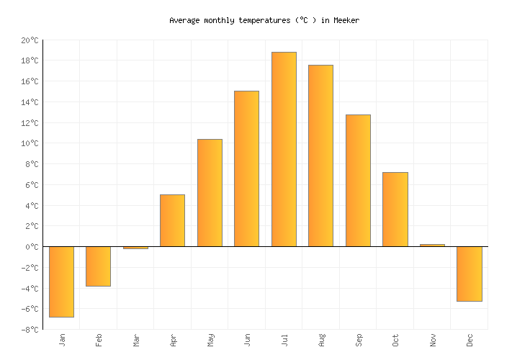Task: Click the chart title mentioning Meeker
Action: coord(264,20)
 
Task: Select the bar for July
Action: coord(284,149)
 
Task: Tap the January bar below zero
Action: coord(61,282)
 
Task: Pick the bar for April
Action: coord(172,220)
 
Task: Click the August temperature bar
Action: coord(320,156)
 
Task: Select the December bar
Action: coord(469,274)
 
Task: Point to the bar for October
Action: coord(395,209)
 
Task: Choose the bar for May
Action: coord(210,192)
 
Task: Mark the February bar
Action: coord(98,266)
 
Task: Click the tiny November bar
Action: coord(432,246)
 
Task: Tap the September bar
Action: coord(358,180)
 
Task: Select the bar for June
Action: coord(246,168)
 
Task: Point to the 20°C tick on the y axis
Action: coord(30,40)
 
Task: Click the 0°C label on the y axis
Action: coord(32,247)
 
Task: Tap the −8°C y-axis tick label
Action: coord(30,330)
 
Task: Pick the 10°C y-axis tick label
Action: coord(30,143)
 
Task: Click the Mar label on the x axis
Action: coord(136,340)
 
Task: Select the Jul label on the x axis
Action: coord(284,339)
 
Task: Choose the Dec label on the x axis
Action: coord(470,340)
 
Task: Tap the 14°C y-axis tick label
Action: coord(30,102)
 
